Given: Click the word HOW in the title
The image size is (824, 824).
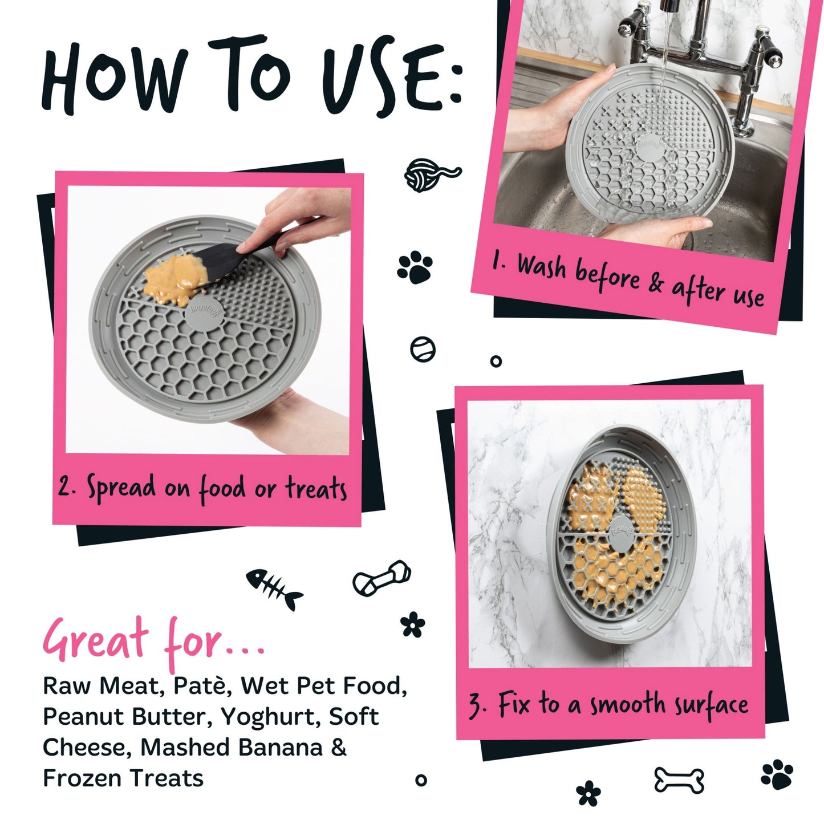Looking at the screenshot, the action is (115, 78).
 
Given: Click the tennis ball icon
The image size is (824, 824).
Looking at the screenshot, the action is (423, 349).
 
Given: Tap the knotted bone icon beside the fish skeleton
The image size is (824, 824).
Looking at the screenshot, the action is (381, 578).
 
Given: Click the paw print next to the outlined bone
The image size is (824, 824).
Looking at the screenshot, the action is (777, 774).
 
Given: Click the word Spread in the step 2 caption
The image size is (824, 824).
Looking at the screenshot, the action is (121, 488).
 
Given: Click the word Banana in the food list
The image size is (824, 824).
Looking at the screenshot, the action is (280, 748).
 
